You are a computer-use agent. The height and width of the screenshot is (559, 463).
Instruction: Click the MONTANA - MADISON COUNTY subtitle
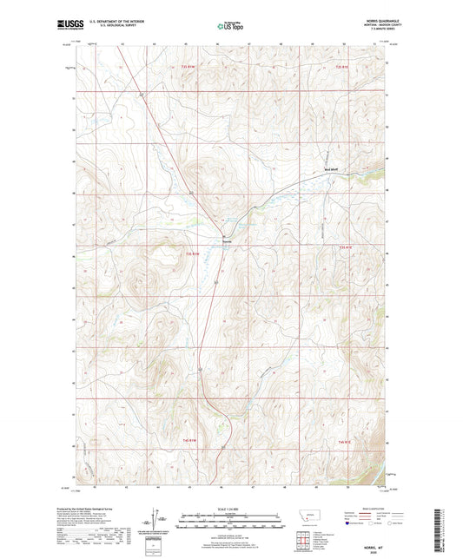pyautogui.click(x=374, y=26)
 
